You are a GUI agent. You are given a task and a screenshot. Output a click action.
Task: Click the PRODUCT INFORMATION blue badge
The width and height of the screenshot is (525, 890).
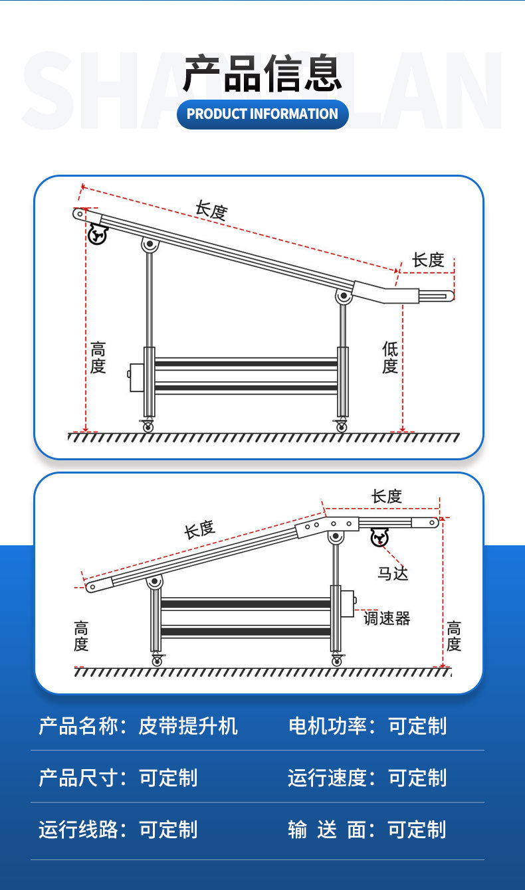coord(262,114)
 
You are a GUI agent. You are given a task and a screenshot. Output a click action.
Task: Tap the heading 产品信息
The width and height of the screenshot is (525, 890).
coord(262,74)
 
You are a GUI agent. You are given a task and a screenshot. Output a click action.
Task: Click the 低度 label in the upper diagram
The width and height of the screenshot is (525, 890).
coord(390,357)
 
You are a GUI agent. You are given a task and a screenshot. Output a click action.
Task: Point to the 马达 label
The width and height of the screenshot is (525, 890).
coord(393,573)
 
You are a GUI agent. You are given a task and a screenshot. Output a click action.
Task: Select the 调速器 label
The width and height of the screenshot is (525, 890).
coord(387,618)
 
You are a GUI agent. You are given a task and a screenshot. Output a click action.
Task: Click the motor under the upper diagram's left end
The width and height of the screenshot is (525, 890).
coord(98,234)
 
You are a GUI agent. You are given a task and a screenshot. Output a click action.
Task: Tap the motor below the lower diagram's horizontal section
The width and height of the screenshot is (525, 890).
coord(379,537)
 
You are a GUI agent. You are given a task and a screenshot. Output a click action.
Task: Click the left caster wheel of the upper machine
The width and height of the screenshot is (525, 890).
coord(148,426)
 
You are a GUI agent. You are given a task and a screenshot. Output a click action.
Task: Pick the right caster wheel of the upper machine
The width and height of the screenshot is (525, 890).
coord(341,426)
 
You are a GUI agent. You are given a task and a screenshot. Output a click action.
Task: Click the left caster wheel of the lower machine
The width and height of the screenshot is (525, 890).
coord(157,661)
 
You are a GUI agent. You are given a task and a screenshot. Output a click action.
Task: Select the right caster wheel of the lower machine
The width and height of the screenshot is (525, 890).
coord(336,661)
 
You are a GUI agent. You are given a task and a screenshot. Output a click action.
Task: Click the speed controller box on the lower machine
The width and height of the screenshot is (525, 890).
coord(347,601)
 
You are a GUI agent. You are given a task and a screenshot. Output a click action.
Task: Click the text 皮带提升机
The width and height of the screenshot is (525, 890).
coord(188,726)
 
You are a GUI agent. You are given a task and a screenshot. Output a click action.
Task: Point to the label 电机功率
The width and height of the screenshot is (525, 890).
coord(328,726)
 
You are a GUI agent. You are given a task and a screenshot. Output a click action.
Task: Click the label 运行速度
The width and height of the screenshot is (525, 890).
coord(328,778)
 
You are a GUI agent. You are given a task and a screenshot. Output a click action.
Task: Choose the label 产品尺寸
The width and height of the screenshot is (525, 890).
coord(78,778)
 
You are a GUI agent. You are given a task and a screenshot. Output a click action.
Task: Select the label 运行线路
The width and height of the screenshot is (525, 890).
coord(78,830)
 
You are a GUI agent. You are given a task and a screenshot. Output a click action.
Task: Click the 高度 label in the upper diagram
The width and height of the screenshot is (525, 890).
coord(98,357)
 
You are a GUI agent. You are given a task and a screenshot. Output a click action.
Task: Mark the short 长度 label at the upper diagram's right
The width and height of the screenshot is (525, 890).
coord(428,260)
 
